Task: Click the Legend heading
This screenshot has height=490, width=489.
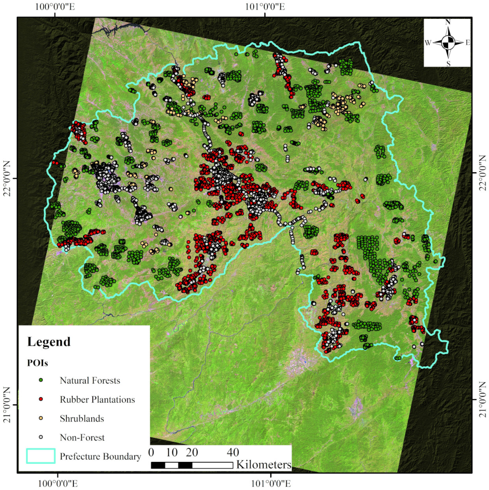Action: click(49, 342)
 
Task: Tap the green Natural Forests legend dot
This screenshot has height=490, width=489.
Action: click(41, 380)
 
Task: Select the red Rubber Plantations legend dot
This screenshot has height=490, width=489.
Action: click(41, 399)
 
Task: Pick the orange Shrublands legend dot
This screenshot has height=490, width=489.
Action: click(41, 418)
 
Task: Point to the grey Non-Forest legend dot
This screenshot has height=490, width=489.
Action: click(41, 437)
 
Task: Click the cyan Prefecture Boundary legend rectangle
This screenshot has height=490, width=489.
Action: click(41, 456)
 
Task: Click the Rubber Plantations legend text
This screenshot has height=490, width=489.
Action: click(97, 399)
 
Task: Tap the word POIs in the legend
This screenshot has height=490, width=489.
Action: click(37, 363)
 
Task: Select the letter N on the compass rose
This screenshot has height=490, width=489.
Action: click(448, 22)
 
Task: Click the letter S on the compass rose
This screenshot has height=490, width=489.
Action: click(448, 64)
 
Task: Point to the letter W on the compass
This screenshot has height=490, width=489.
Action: click(428, 43)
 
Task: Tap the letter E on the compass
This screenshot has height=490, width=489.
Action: click(468, 43)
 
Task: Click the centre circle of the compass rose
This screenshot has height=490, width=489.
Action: click(448, 43)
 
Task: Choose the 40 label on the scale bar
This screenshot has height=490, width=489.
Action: click(233, 452)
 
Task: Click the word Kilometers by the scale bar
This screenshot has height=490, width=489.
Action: click(264, 465)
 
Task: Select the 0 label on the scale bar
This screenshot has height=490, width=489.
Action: click(151, 452)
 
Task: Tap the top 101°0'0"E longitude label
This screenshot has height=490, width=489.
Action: click(265, 7)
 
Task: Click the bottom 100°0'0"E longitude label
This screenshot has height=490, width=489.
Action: click(58, 483)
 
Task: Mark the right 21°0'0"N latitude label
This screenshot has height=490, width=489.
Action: click(483, 400)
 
